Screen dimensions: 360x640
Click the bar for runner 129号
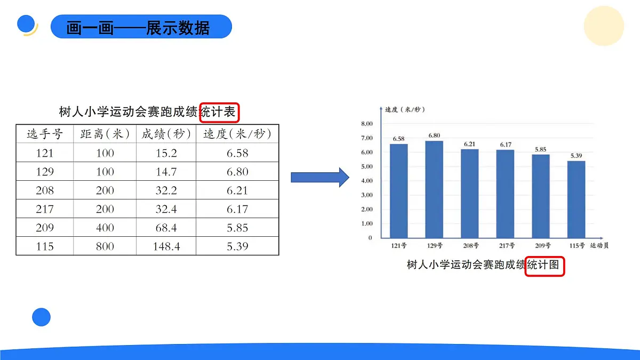pyautogui.click(x=434, y=189)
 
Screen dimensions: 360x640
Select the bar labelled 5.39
pyautogui.click(x=576, y=199)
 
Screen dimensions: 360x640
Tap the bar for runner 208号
pyautogui.click(x=470, y=193)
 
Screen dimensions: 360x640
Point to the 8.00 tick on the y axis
pyautogui.click(x=367, y=124)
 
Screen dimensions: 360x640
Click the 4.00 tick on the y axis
pyautogui.click(x=367, y=181)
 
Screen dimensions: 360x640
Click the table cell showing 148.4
pyautogui.click(x=166, y=246)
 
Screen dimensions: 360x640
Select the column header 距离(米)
pyautogui.click(x=105, y=134)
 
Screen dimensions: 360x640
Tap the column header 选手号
pyautogui.click(x=45, y=134)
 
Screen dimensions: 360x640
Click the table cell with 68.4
pyautogui.click(x=166, y=228)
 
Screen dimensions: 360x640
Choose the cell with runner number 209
pyautogui.click(x=45, y=228)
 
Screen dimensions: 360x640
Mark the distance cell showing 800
pyautogui.click(x=105, y=246)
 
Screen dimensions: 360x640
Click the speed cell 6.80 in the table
pyautogui.click(x=237, y=172)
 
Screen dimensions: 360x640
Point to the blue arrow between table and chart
pyautogui.click(x=319, y=177)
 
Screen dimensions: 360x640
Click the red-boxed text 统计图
pyautogui.click(x=545, y=265)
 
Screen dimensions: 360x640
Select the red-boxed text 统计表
pyautogui.click(x=219, y=112)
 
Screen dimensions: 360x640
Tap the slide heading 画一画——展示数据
pyautogui.click(x=139, y=27)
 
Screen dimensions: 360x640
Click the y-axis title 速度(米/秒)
pyautogui.click(x=405, y=110)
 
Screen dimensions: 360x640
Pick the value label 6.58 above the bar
pyautogui.click(x=398, y=139)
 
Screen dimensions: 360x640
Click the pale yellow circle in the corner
pyautogui.click(x=603, y=26)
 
